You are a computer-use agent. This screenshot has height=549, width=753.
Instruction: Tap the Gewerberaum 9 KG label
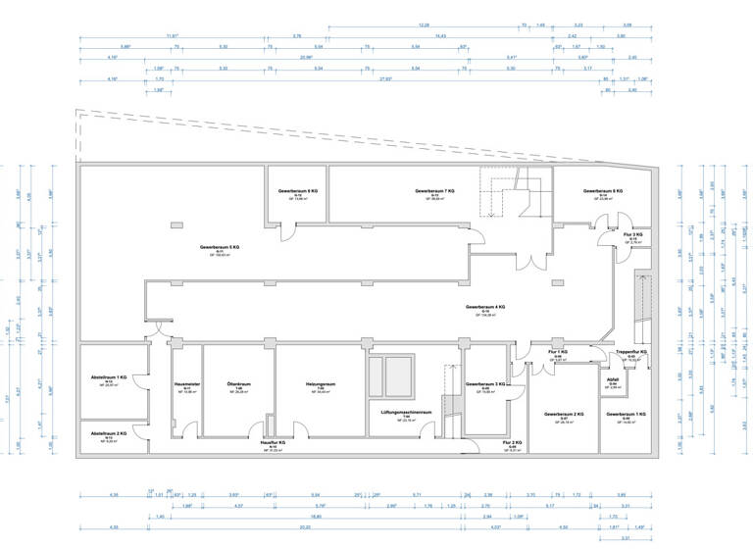point(297,190)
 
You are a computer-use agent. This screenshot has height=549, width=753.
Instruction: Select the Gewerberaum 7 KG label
point(435,190)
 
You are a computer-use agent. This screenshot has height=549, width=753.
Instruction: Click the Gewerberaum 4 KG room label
point(486,307)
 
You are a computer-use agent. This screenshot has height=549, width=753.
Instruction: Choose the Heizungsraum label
point(320,383)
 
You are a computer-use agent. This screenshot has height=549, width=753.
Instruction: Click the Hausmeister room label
point(186,383)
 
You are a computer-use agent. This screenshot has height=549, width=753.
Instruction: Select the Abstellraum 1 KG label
point(109,377)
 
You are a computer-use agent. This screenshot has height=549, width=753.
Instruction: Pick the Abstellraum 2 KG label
point(109,433)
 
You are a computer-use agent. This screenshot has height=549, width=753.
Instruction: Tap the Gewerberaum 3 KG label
point(485,383)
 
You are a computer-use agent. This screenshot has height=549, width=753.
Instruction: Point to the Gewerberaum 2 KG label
point(564,415)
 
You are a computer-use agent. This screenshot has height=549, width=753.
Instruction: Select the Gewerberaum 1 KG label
point(626,415)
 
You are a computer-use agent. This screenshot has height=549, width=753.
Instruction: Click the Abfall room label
point(612,383)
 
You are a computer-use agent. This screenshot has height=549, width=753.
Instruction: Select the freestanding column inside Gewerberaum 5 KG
point(176,225)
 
